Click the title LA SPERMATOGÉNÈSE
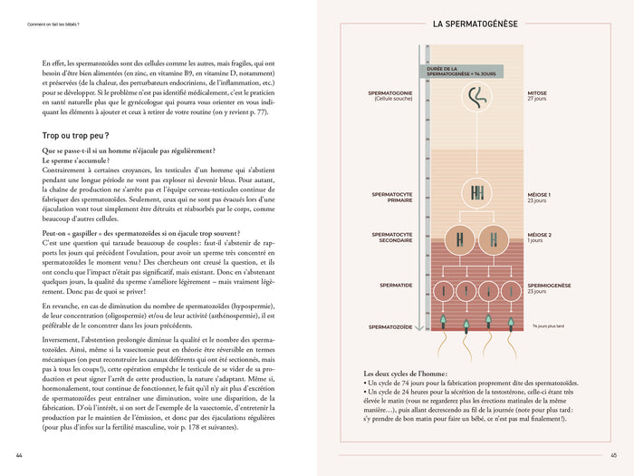pos(475,24)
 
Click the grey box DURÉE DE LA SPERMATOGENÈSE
pos(459,71)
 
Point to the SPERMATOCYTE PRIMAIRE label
pos(391,197)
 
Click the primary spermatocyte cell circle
pos(476,192)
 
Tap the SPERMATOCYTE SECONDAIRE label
pos(391,237)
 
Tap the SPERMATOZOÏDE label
pos(390,325)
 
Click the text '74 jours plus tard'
pos(554,325)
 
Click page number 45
pos(613,455)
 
